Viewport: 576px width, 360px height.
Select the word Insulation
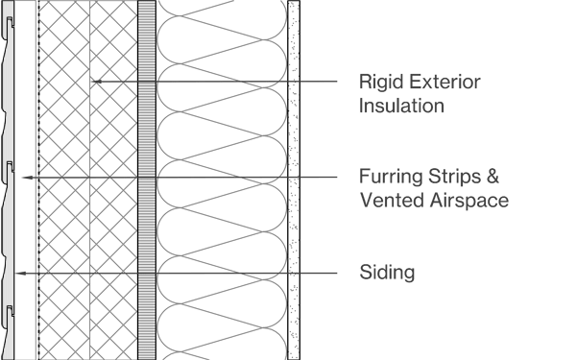click(x=400, y=106)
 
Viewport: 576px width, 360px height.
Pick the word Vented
click(x=387, y=201)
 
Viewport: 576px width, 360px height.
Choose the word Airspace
click(x=463, y=202)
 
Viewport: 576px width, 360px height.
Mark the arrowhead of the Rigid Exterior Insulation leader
click(x=92, y=83)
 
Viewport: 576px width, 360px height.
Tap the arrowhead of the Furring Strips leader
click(x=23, y=178)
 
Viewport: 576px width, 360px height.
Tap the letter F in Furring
click(x=362, y=178)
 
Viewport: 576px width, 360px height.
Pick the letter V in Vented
click(x=363, y=201)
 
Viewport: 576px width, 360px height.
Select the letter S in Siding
click(x=362, y=273)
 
